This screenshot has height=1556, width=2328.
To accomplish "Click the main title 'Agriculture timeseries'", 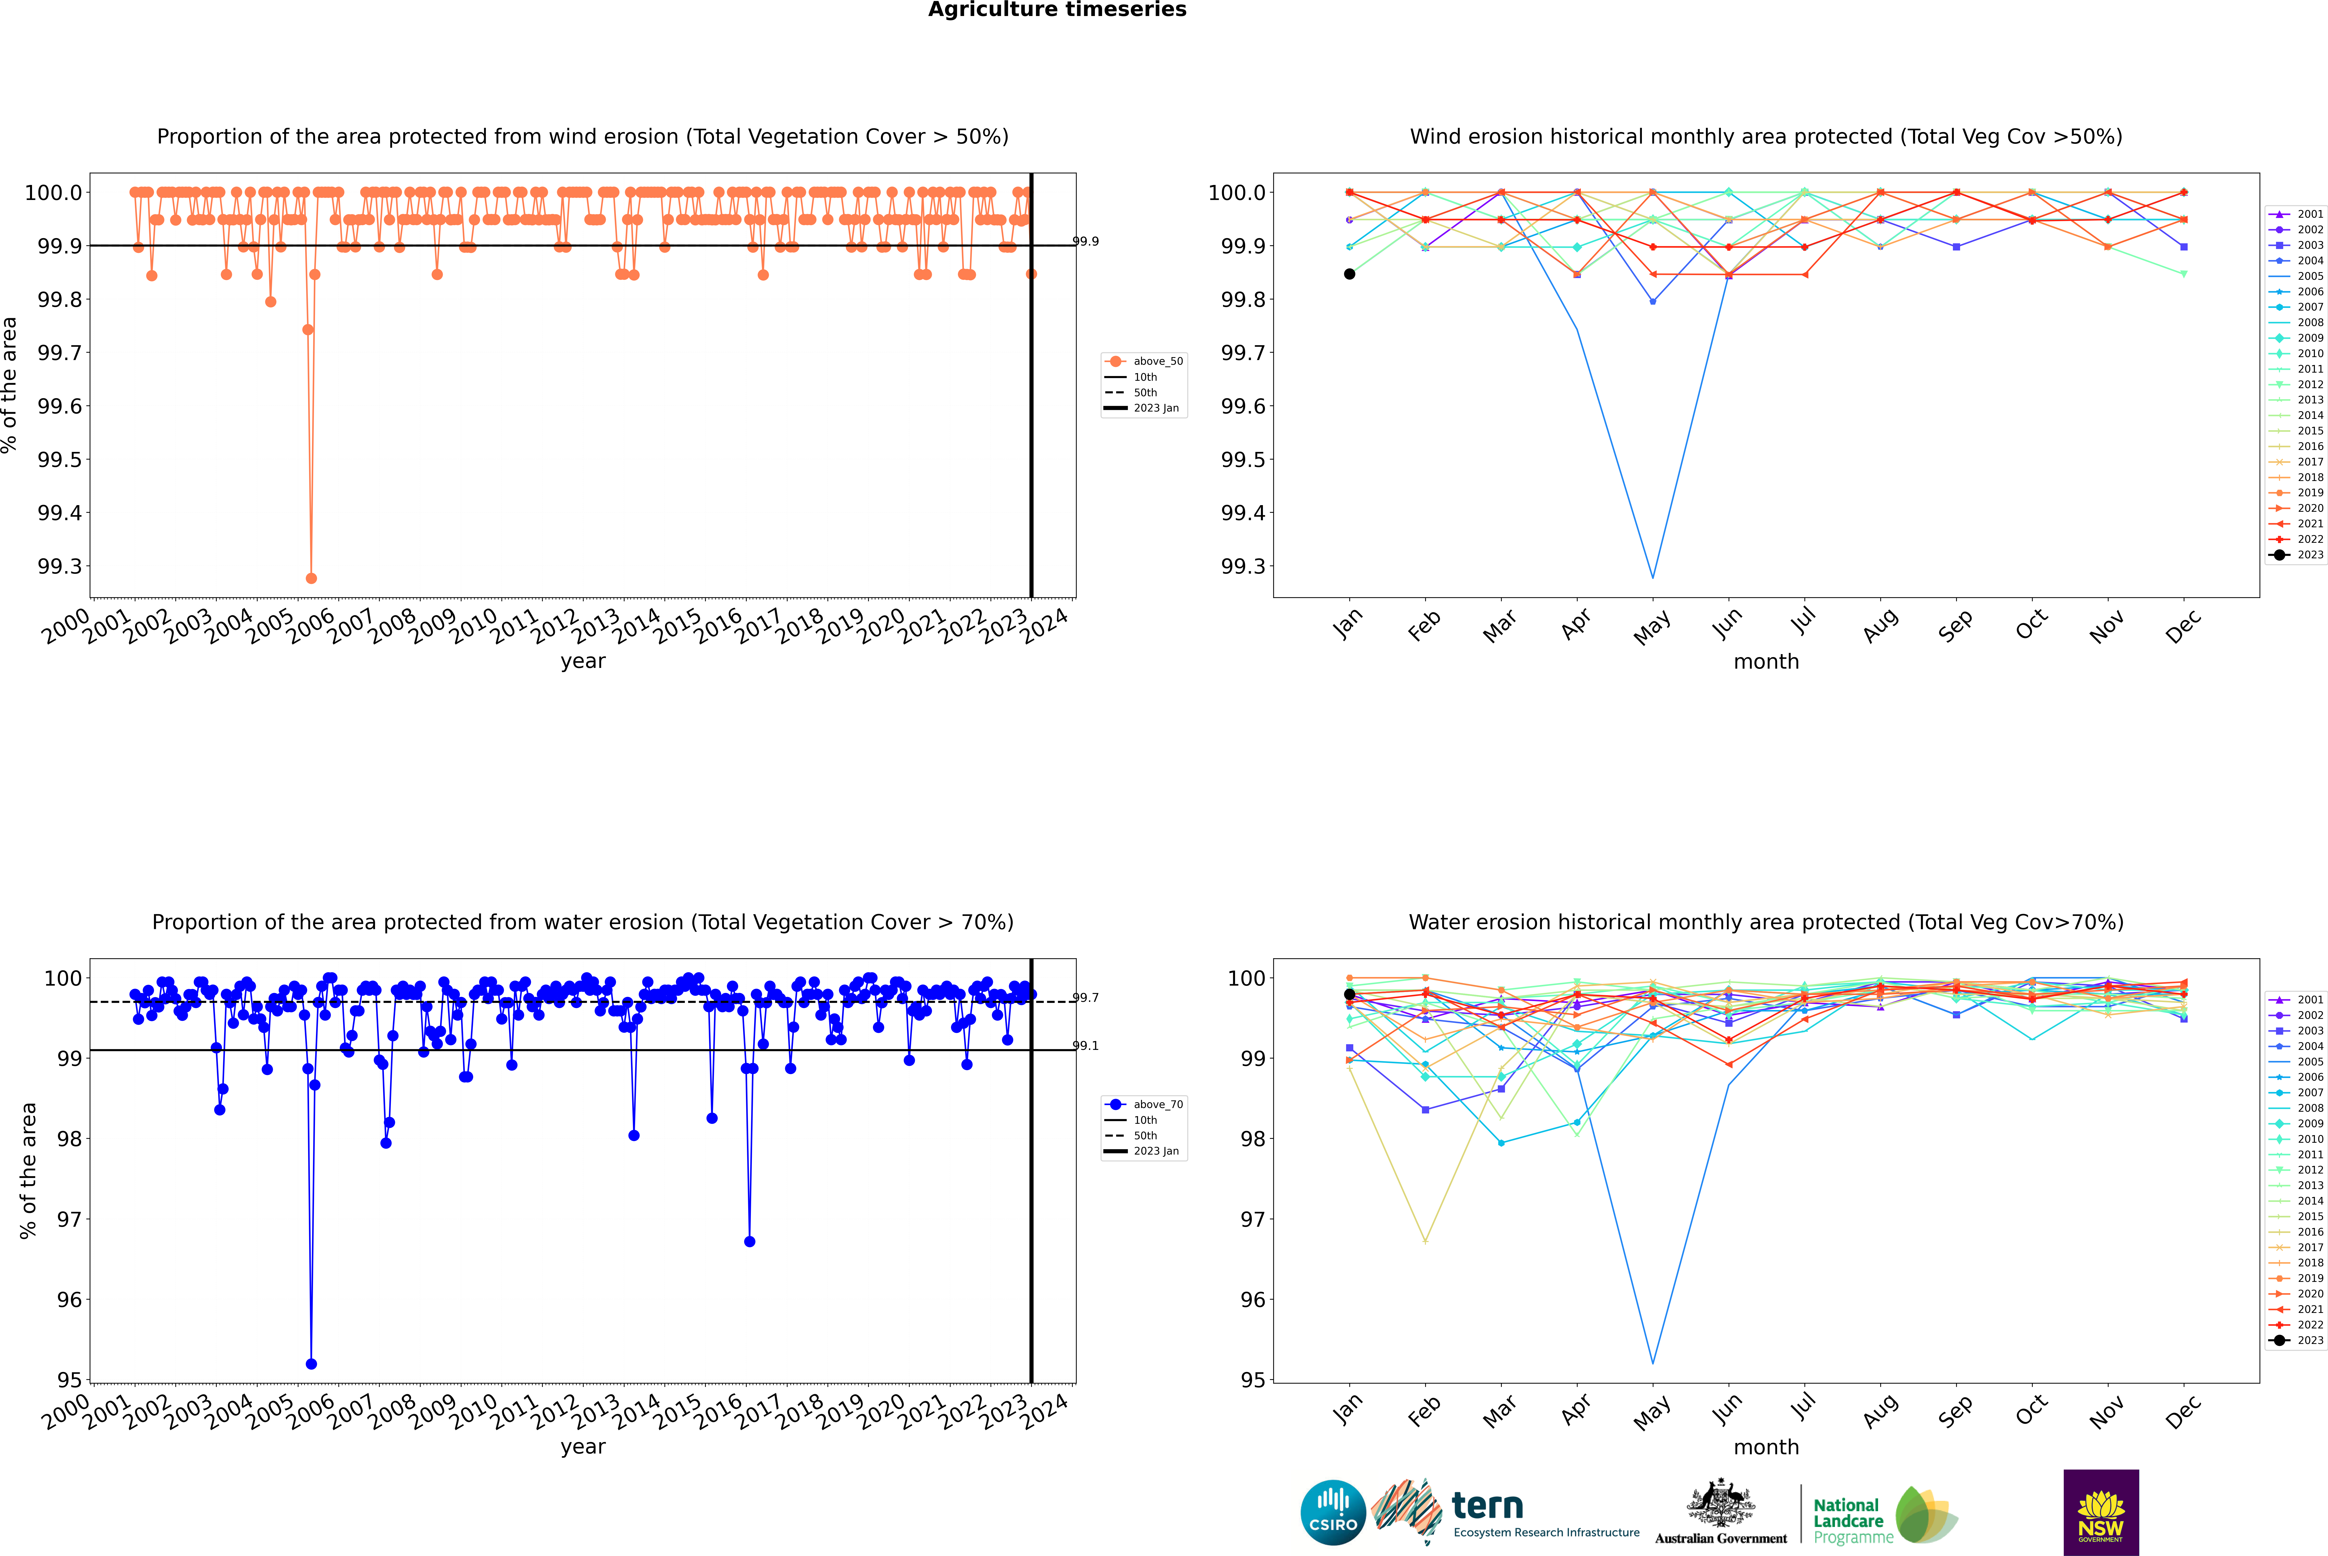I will tap(1057, 10).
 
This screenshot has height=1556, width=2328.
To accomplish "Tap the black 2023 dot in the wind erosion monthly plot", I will tap(1350, 274).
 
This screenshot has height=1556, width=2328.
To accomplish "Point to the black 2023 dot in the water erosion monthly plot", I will tap(1350, 994).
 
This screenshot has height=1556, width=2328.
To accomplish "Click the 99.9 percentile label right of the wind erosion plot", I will tap(1086, 241).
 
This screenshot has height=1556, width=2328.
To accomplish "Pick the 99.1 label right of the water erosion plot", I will tap(1086, 1046).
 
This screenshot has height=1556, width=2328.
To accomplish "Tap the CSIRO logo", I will tap(1333, 1512).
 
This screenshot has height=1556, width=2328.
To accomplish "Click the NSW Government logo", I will tap(2101, 1512).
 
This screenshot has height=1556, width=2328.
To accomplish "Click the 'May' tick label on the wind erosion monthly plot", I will tap(1651, 626).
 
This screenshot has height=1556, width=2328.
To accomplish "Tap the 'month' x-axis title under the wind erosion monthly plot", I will tap(1765, 662).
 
